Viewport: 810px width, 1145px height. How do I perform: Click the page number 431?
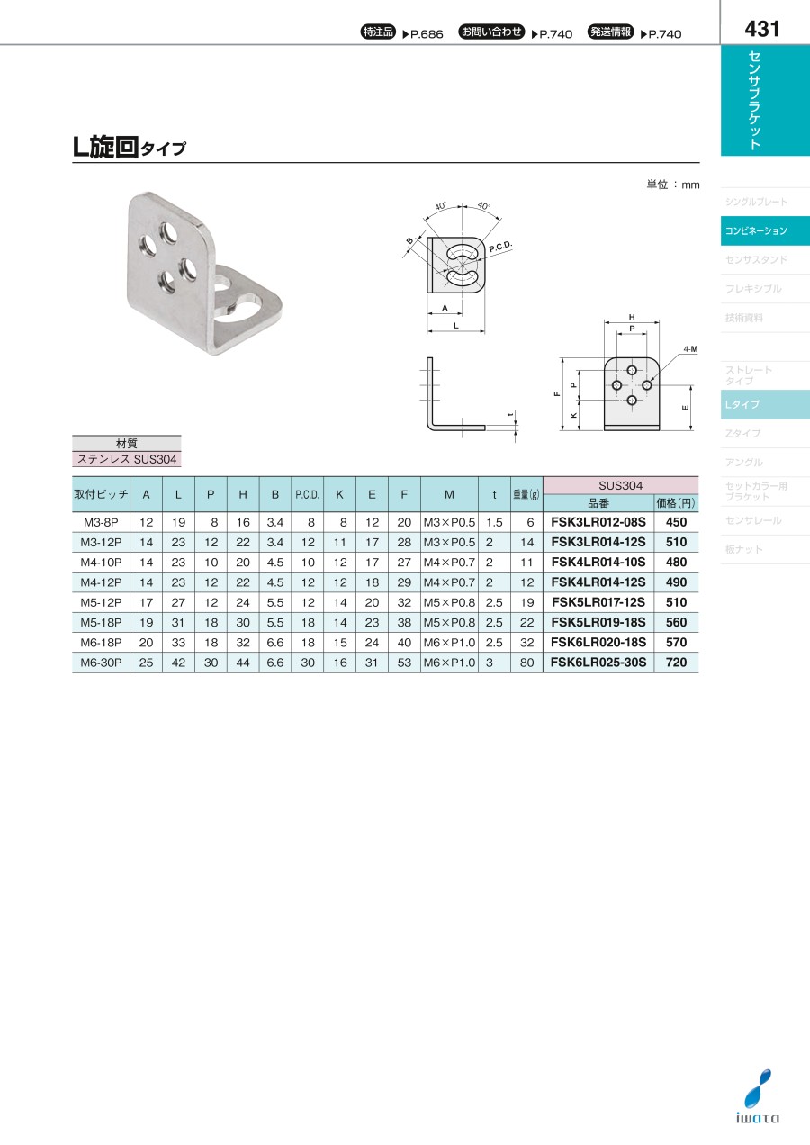tap(761, 29)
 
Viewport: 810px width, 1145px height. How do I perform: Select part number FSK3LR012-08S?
tap(598, 522)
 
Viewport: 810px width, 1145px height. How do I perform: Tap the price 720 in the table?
tap(676, 662)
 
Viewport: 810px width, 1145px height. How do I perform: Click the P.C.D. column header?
tap(307, 494)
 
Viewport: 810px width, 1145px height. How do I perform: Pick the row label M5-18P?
tap(101, 622)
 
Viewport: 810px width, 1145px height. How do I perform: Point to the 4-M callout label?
tap(690, 349)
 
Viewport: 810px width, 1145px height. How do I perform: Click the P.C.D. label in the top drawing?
tap(500, 247)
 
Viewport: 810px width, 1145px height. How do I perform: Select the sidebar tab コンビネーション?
tap(756, 231)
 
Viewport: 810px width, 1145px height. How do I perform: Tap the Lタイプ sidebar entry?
tap(742, 404)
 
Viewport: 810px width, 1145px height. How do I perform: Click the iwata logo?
tap(758, 1104)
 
